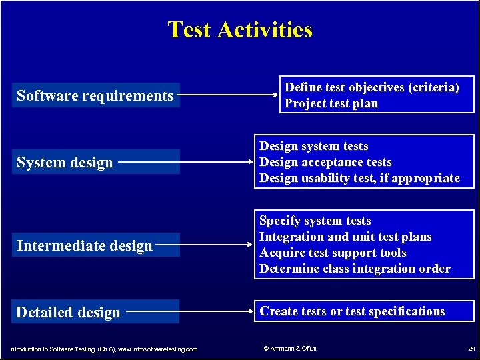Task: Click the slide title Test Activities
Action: [240, 30]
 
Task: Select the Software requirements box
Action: [95, 96]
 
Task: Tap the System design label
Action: [65, 163]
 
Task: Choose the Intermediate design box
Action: [85, 246]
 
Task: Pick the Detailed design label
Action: [68, 313]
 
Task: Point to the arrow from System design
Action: [184, 161]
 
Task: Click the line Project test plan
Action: [331, 103]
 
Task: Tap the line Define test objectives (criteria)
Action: [371, 87]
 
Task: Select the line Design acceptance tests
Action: [325, 162]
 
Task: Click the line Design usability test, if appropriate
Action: [359, 178]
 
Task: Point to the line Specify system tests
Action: [315, 221]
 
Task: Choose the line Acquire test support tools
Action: [333, 253]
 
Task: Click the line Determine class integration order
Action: [355, 269]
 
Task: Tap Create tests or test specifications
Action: [352, 311]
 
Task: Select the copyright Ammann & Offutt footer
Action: [290, 349]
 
